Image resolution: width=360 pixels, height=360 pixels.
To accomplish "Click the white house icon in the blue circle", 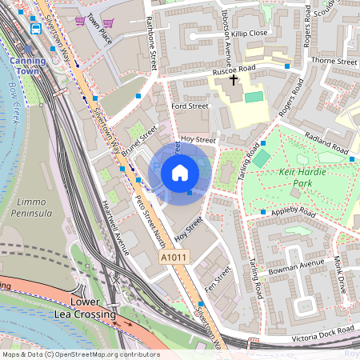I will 180,173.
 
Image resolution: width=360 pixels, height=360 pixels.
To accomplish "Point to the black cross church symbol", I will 234,80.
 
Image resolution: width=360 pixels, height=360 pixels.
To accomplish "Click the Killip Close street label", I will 246,34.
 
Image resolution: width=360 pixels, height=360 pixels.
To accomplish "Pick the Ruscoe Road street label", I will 234,69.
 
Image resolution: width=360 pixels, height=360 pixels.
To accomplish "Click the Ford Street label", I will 190,106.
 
